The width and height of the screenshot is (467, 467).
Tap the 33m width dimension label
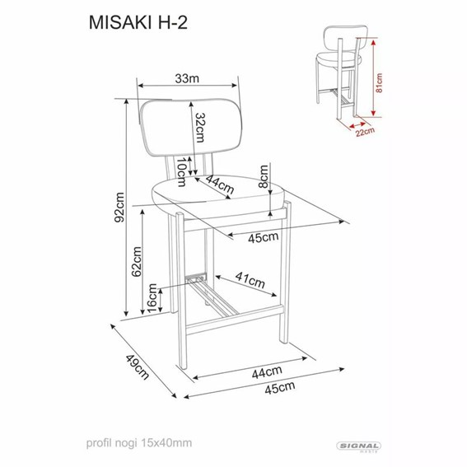click(x=189, y=78)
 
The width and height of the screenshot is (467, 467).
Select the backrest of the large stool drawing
click(x=190, y=127)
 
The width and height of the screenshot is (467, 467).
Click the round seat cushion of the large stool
click(x=221, y=198)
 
